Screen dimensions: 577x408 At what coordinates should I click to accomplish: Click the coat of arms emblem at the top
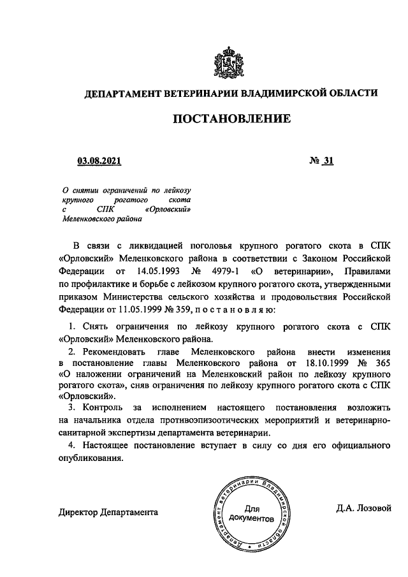point(231,61)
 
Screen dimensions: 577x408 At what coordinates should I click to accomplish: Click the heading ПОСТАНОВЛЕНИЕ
point(231,119)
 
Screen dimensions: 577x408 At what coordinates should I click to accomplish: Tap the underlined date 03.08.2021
point(99,162)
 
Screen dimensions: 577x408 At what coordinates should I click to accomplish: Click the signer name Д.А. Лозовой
point(365,509)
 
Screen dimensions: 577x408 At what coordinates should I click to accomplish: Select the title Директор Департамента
point(108,511)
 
